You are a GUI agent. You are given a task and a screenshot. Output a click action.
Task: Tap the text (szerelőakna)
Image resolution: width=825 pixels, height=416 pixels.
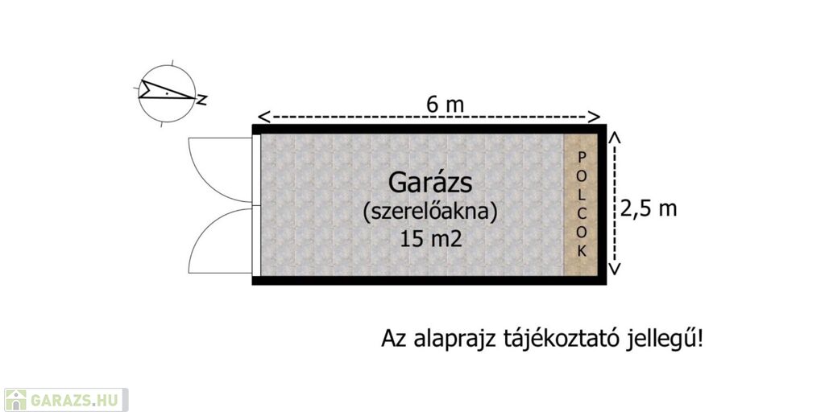430,212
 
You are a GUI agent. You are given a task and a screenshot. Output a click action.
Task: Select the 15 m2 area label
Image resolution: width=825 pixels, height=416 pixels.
430,239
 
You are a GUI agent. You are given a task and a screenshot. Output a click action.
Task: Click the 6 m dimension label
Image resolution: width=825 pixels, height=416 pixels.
446,104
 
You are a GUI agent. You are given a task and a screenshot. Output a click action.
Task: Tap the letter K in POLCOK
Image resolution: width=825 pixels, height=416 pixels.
582,251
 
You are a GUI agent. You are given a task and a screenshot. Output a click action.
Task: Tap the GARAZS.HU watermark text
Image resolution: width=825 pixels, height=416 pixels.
77,400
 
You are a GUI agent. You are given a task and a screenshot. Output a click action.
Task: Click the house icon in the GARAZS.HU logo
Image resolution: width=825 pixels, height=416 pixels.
17,400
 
